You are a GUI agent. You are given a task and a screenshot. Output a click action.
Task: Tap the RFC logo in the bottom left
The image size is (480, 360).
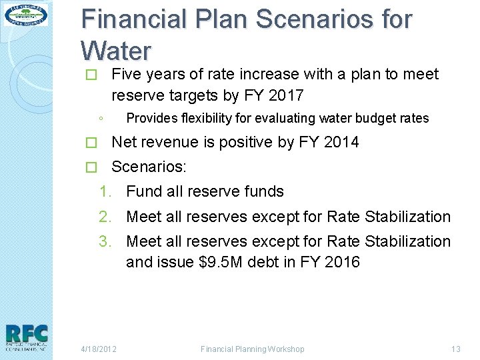(x=26, y=337)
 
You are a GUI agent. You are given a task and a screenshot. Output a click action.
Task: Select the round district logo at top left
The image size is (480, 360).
(x=26, y=15)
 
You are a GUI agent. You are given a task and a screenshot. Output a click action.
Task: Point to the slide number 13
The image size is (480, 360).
(x=456, y=349)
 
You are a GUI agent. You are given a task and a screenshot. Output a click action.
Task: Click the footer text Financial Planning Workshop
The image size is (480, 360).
(x=253, y=349)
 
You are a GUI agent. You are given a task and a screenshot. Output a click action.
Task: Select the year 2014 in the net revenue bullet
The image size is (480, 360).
(x=341, y=142)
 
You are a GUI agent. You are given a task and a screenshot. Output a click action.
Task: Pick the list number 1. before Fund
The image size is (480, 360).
(x=107, y=192)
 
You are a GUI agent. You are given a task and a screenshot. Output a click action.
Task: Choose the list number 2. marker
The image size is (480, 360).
(x=107, y=217)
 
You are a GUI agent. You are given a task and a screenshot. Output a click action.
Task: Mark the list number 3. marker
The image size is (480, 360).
(x=107, y=241)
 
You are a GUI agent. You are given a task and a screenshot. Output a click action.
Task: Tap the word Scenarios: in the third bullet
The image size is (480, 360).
(x=149, y=167)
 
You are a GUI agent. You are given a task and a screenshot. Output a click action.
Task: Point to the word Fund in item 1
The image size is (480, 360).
(x=143, y=192)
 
